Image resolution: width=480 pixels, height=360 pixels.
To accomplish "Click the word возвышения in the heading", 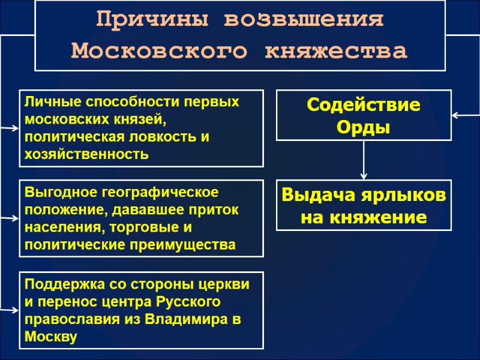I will click(x=304, y=20).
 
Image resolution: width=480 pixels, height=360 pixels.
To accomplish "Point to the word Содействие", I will click(x=364, y=105).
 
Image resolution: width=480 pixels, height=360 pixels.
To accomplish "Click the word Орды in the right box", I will click(x=364, y=127).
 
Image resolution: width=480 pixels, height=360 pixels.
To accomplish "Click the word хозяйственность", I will click(x=86, y=154).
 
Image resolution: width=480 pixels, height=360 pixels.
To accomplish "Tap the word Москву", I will click(x=51, y=337).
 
